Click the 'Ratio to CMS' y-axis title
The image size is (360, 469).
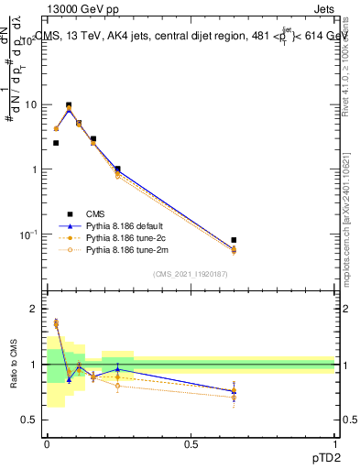click(13, 365)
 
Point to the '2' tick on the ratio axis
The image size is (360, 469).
click(34, 310)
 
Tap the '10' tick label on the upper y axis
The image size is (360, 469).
click(31, 104)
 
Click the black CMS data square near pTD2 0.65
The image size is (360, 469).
click(234, 240)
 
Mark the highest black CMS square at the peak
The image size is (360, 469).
click(69, 105)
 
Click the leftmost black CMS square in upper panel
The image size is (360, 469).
click(56, 143)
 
